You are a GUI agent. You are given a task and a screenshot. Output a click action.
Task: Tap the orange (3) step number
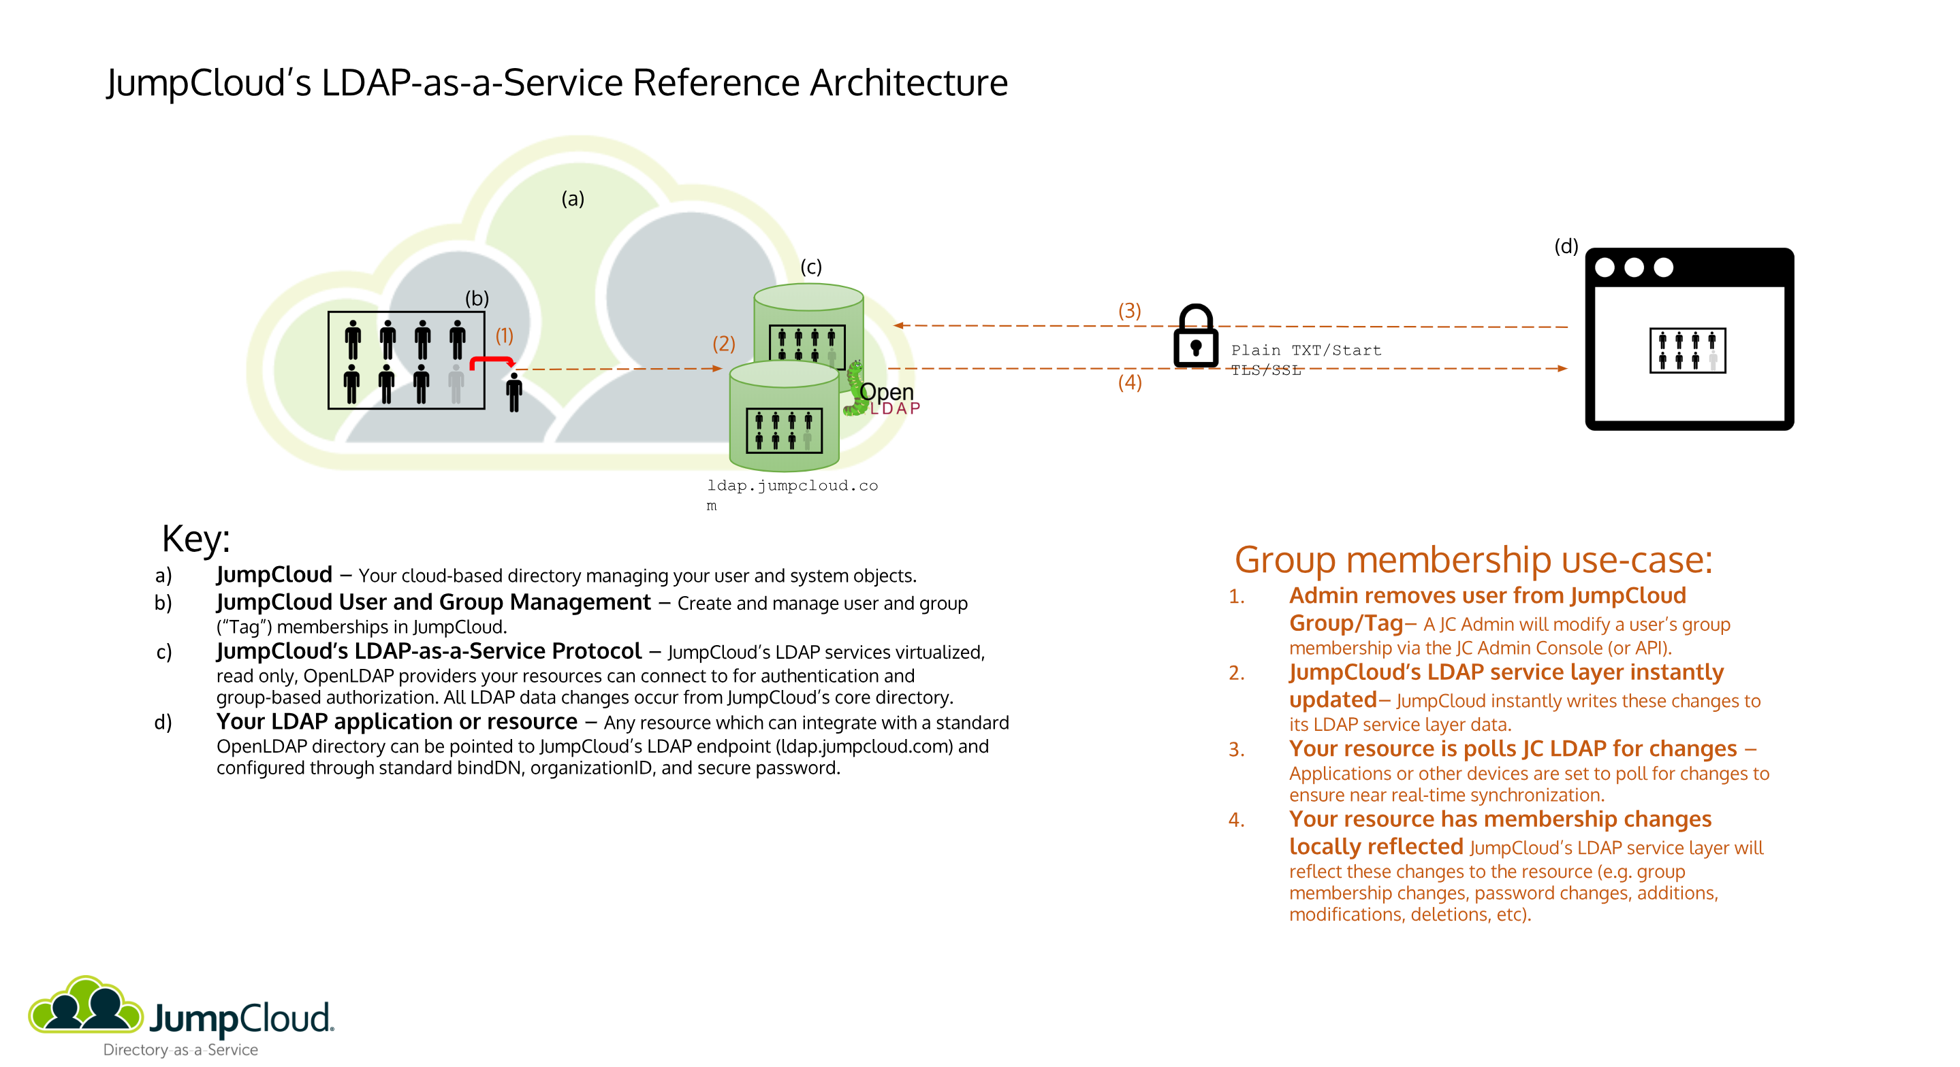point(1129,310)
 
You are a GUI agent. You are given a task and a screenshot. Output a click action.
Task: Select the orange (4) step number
point(1129,382)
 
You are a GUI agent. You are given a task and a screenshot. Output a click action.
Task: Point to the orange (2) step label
point(723,344)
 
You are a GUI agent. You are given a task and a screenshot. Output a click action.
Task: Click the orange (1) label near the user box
point(505,335)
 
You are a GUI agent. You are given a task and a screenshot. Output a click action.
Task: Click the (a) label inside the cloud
point(572,199)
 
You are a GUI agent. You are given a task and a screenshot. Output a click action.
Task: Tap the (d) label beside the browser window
point(1565,246)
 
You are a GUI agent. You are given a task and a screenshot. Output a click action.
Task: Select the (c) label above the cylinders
point(810,267)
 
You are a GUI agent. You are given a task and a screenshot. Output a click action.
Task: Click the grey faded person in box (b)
point(456,383)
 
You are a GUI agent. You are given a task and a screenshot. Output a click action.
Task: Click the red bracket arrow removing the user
point(491,361)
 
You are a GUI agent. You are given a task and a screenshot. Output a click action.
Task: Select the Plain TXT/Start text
point(1306,350)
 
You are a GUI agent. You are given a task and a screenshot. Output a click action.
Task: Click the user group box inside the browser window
point(1687,350)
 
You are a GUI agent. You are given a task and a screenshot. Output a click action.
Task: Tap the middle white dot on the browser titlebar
point(1633,267)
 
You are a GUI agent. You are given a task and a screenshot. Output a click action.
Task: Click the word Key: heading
point(195,539)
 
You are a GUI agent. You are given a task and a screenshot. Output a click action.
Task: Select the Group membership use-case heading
point(1472,561)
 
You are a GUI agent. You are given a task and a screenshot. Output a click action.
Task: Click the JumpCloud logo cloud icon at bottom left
point(85,1007)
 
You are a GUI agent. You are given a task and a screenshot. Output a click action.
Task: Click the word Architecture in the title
point(908,83)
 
